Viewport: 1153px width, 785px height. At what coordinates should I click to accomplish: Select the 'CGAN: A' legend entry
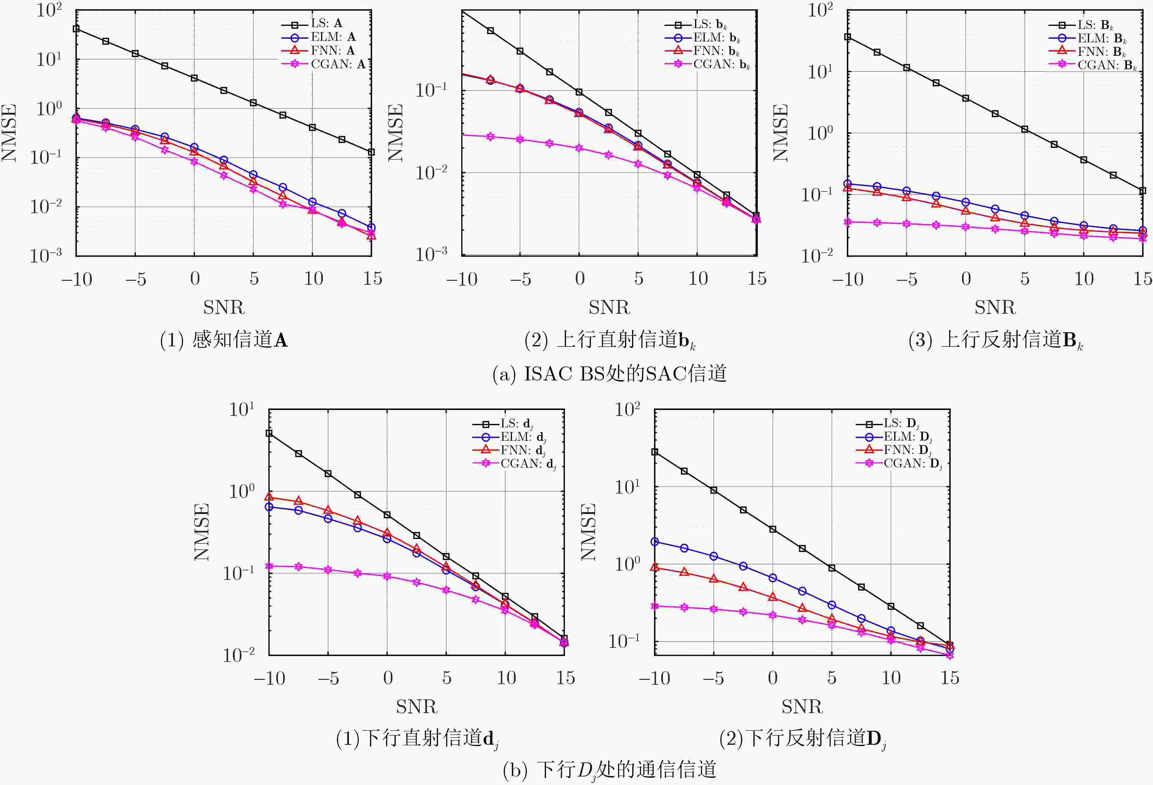pos(337,64)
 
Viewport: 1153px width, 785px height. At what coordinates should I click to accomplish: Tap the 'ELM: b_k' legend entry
pos(716,38)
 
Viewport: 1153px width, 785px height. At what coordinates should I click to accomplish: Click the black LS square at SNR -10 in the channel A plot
pos(76,29)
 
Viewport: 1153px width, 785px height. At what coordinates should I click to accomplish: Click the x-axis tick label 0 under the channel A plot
pos(195,279)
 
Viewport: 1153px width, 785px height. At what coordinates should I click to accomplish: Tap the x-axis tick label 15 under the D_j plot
pos(950,678)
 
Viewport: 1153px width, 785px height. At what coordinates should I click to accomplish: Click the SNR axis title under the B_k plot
pos(995,308)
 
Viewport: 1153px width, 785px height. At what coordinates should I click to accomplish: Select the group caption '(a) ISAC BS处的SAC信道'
pos(609,373)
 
